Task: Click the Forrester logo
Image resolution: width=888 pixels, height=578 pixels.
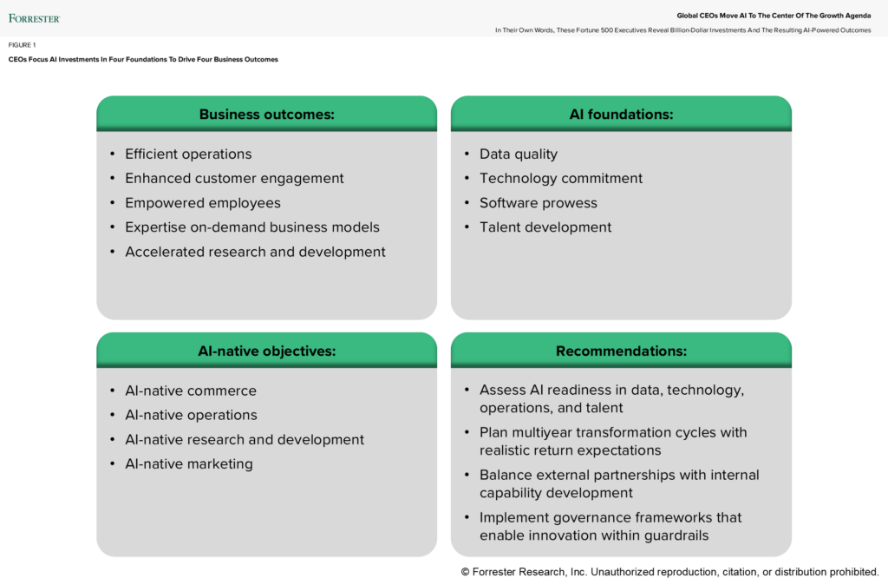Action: (x=34, y=17)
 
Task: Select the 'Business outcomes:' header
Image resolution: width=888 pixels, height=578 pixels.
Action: (x=266, y=115)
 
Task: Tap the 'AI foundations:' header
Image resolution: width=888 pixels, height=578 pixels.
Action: (x=621, y=115)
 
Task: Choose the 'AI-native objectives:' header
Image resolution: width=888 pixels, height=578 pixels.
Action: (x=266, y=351)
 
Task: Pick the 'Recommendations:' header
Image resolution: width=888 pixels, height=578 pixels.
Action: (x=621, y=351)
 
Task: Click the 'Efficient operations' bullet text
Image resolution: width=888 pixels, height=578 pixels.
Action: (x=188, y=154)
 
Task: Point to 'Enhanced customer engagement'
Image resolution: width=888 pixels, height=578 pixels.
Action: (x=234, y=179)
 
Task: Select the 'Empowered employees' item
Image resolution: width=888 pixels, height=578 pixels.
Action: (x=203, y=203)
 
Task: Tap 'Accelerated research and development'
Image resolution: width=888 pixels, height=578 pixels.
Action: (x=255, y=252)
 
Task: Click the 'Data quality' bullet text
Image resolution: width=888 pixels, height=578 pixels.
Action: (x=519, y=154)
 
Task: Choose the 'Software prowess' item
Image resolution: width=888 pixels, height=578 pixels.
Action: (x=539, y=203)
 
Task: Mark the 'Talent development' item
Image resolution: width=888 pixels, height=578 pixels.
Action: (x=545, y=227)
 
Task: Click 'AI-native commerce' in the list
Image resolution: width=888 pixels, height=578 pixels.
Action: (x=191, y=391)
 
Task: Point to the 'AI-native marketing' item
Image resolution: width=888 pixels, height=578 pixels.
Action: (x=189, y=464)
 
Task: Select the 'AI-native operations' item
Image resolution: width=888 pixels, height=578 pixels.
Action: (x=191, y=415)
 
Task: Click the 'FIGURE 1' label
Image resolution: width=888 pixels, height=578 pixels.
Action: (x=23, y=45)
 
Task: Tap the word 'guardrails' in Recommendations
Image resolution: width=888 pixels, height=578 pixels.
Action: (x=672, y=535)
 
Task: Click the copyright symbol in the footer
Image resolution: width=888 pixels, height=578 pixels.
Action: (x=466, y=571)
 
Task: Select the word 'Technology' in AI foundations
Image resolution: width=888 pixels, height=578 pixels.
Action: (x=518, y=179)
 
